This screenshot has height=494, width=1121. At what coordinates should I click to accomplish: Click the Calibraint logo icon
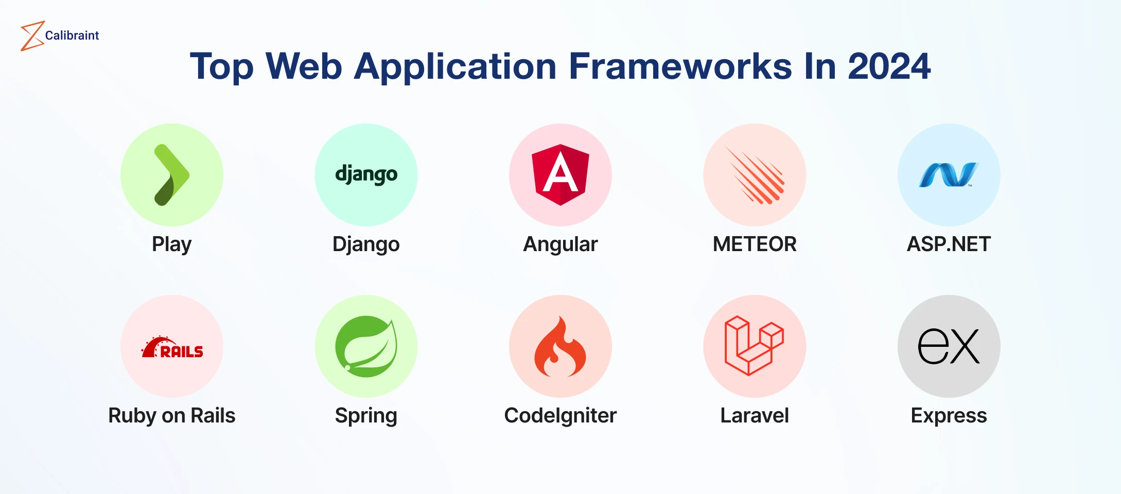coord(31,36)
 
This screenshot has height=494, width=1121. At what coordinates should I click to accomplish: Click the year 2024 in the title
coord(889,66)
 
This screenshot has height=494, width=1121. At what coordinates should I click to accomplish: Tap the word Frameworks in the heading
coord(680,66)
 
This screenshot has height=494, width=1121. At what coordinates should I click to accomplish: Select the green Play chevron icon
coord(172,175)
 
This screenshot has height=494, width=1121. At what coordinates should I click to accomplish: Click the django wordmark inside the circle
coord(366,174)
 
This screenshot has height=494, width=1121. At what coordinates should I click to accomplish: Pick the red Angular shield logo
coord(560,175)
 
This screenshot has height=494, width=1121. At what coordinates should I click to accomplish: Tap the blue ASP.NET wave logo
coord(949,175)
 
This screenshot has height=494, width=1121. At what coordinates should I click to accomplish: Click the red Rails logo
coord(172,347)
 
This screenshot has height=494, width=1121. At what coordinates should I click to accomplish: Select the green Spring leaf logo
coord(366,346)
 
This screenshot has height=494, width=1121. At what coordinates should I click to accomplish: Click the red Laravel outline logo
coord(755,346)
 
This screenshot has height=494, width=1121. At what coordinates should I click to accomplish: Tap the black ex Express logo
coord(949,346)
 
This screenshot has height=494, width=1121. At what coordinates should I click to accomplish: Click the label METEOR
coord(755,244)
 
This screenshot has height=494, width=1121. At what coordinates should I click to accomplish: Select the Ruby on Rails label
coord(172,416)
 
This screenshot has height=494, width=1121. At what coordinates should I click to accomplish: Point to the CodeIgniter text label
coord(560,416)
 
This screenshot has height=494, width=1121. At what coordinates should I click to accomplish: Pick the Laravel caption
coord(755,415)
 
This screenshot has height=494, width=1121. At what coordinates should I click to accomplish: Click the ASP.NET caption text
coord(949,244)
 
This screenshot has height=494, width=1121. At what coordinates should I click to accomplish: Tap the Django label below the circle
coord(366,244)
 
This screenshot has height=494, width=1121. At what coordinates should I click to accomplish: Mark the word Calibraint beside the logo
coord(72,36)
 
